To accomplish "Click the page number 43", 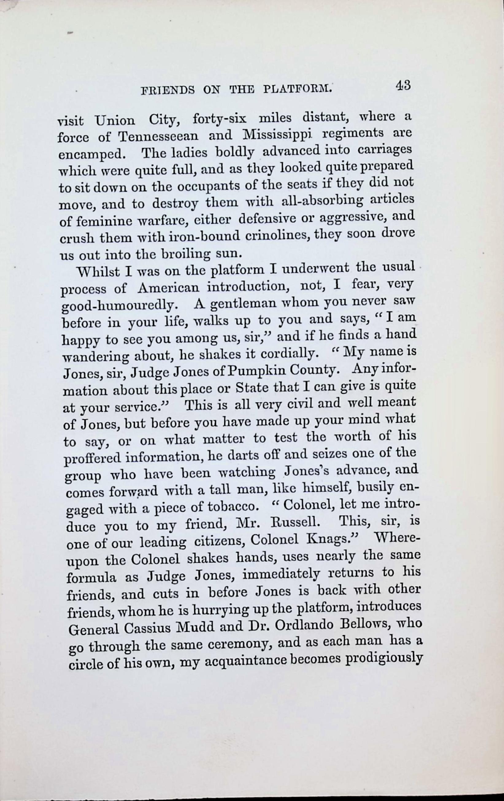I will tap(403, 86).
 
